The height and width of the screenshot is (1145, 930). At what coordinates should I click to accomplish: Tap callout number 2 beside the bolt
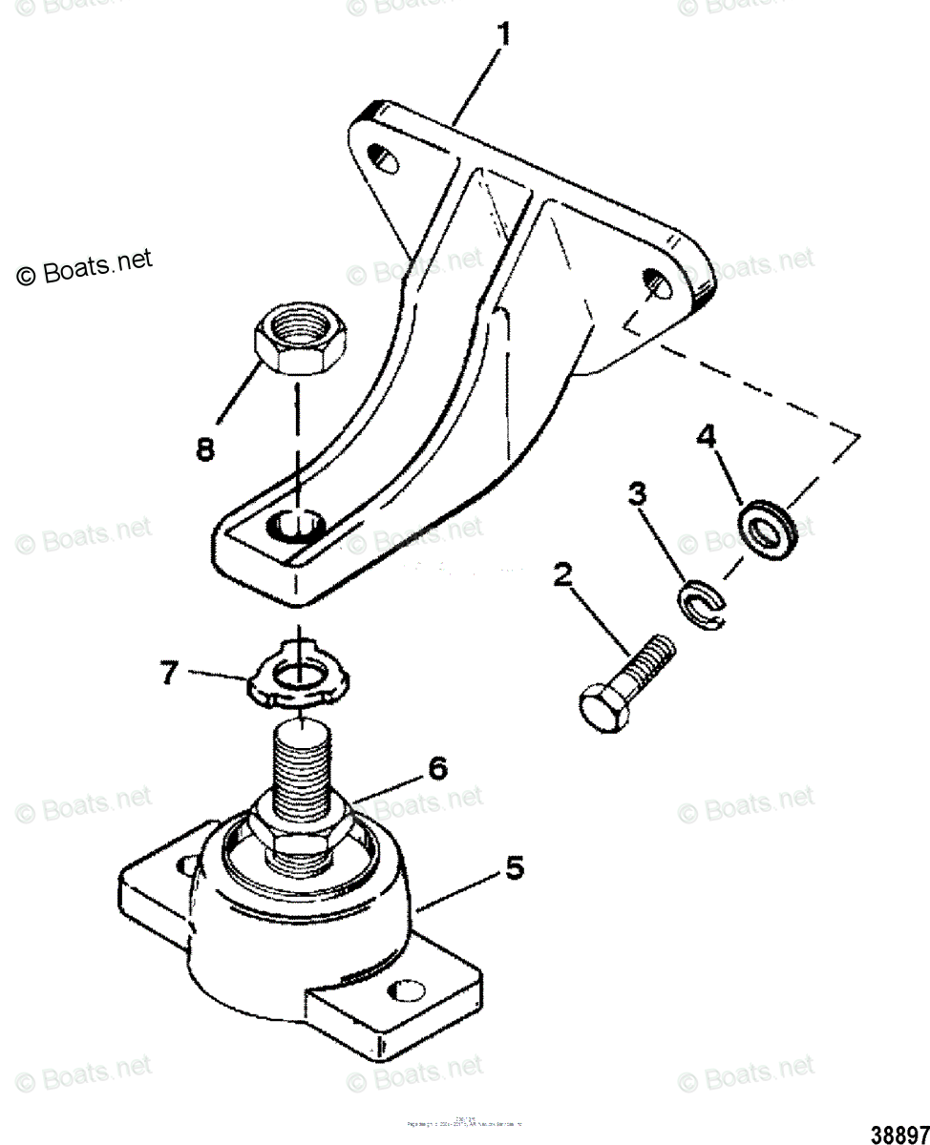564,576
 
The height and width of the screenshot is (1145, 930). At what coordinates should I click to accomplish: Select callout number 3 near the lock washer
637,495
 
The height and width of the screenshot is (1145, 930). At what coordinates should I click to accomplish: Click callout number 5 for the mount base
514,867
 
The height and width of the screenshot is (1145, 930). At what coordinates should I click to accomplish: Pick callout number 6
436,767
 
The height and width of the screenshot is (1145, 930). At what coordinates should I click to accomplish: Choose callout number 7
168,673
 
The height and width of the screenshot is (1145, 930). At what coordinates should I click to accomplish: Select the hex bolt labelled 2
628,683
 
